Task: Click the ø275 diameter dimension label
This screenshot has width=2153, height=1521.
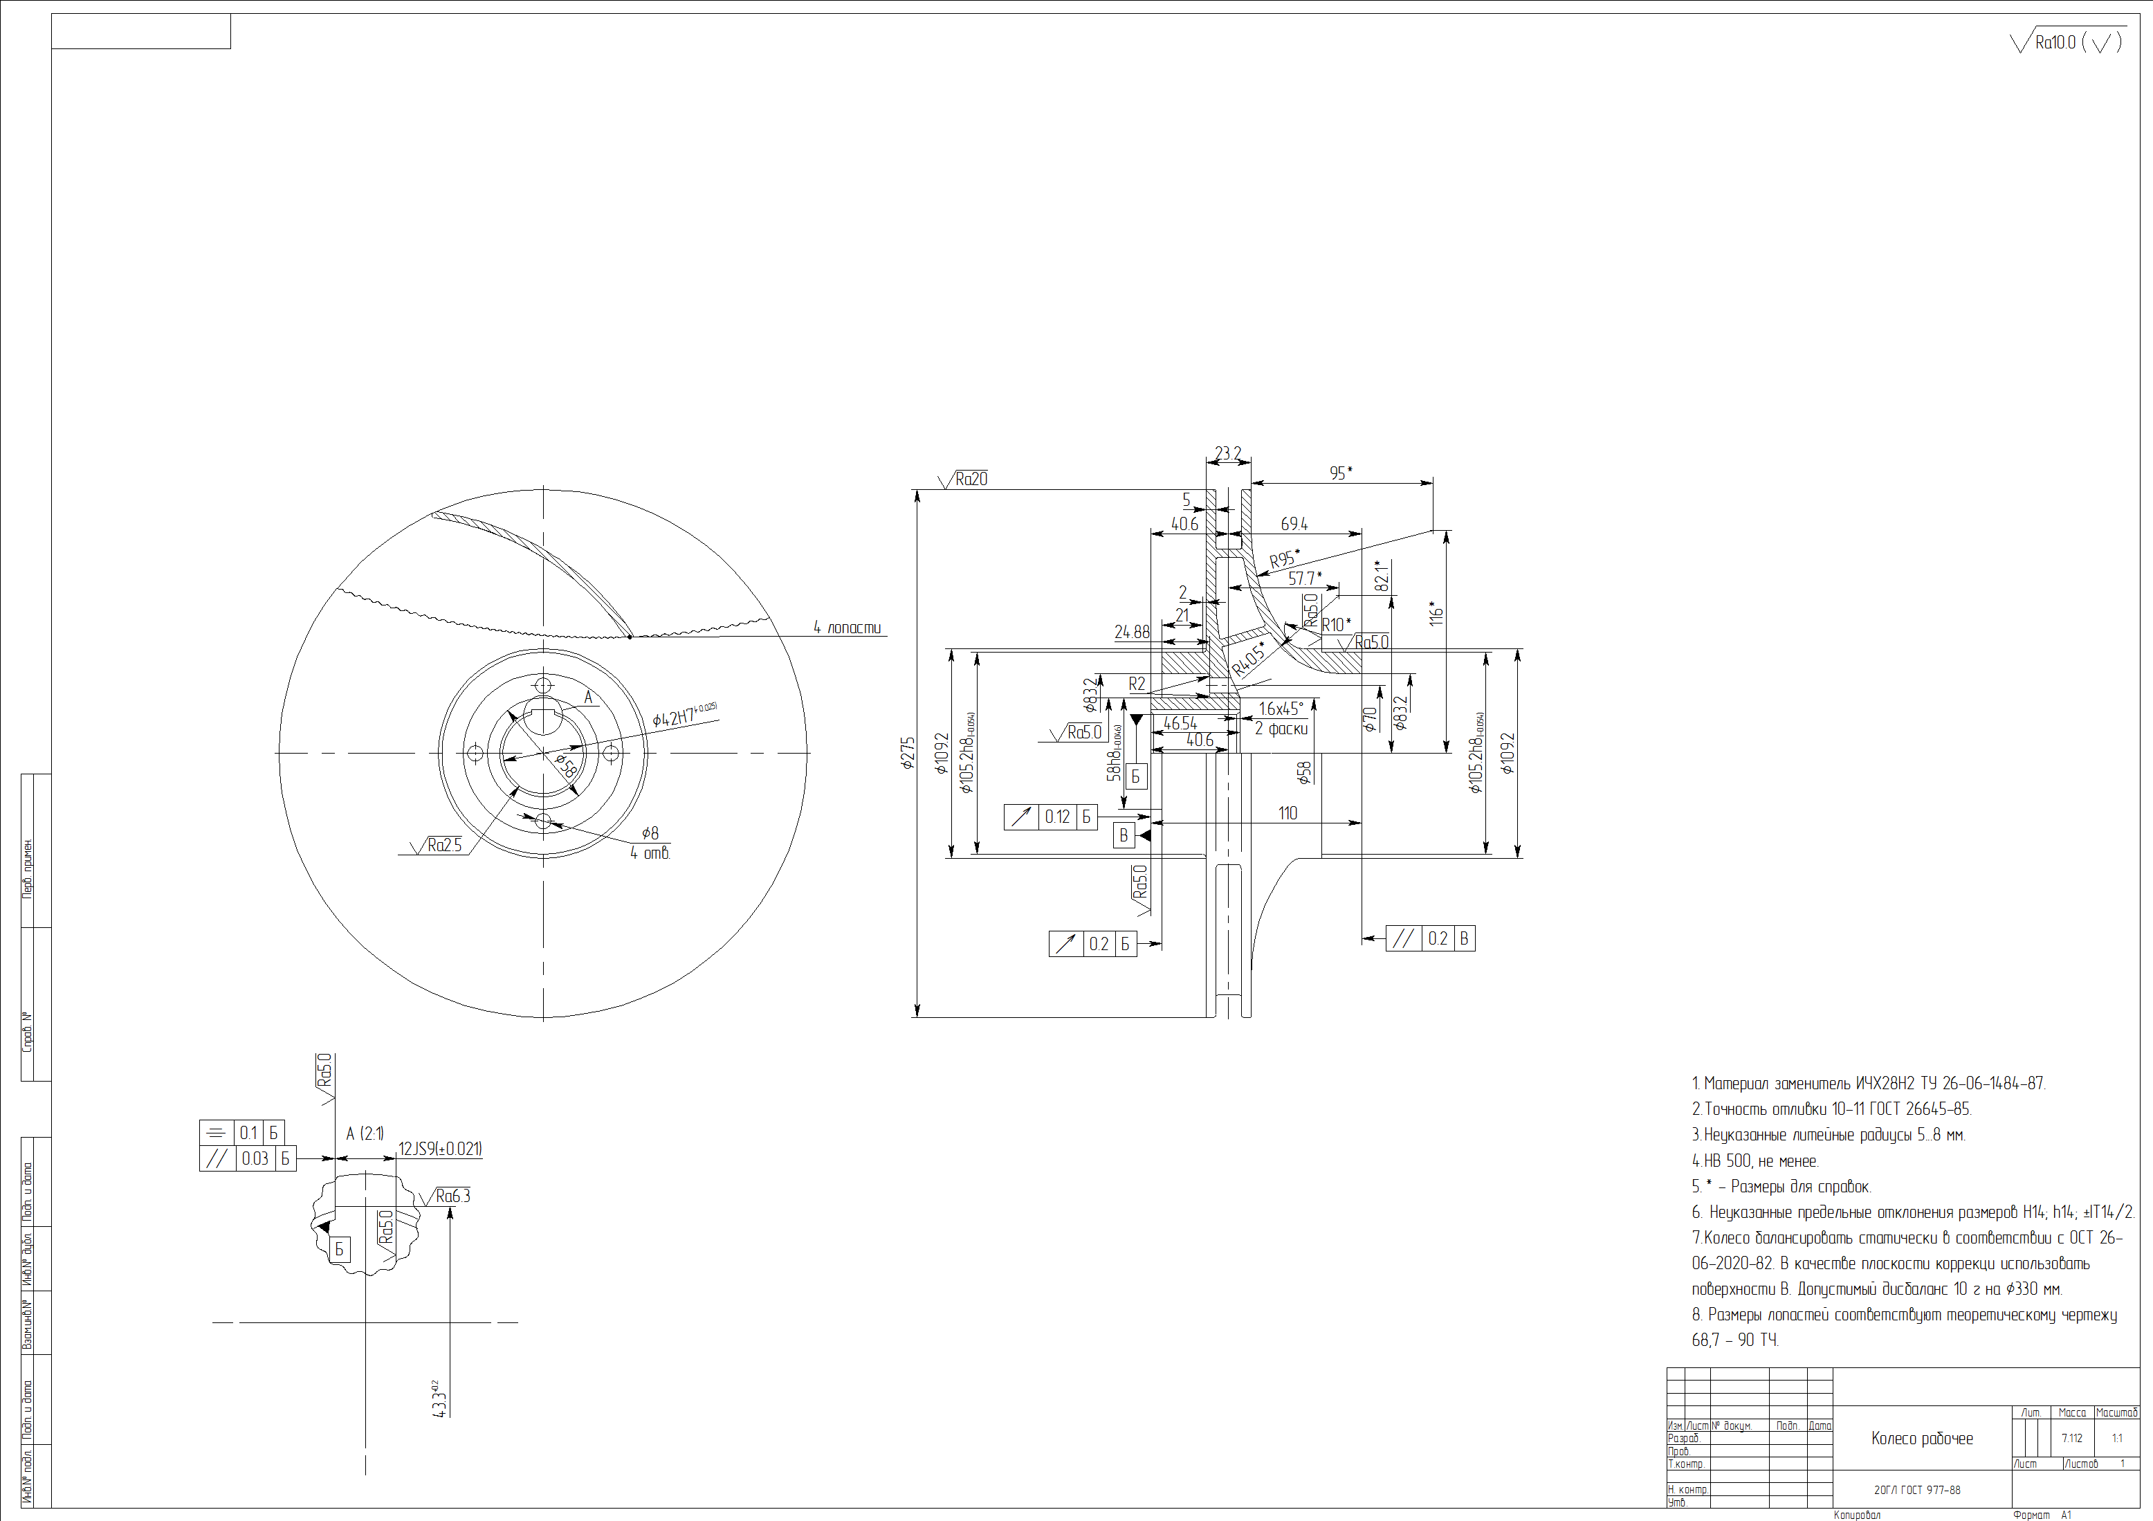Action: point(908,753)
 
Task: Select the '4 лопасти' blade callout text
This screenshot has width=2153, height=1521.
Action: point(847,628)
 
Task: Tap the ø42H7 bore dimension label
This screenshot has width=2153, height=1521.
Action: point(684,715)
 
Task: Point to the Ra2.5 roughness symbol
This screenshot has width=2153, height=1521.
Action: point(438,845)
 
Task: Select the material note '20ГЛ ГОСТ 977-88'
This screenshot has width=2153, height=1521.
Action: point(1916,1489)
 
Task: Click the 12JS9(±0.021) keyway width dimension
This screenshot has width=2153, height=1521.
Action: point(440,1149)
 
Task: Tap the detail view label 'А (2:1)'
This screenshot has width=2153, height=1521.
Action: point(365,1133)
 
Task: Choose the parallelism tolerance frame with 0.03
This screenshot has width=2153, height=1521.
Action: point(248,1159)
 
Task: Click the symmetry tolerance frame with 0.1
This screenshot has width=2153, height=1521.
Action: point(242,1133)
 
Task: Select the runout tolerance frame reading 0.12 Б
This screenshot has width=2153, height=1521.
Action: point(1050,817)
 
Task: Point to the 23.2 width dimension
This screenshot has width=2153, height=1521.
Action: point(1227,454)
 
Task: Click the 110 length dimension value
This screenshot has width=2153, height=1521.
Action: point(1288,813)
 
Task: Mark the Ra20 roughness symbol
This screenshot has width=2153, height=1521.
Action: point(965,479)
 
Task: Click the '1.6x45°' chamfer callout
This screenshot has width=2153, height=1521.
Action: point(1280,709)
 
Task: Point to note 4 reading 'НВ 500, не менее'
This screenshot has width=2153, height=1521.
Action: point(1755,1161)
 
